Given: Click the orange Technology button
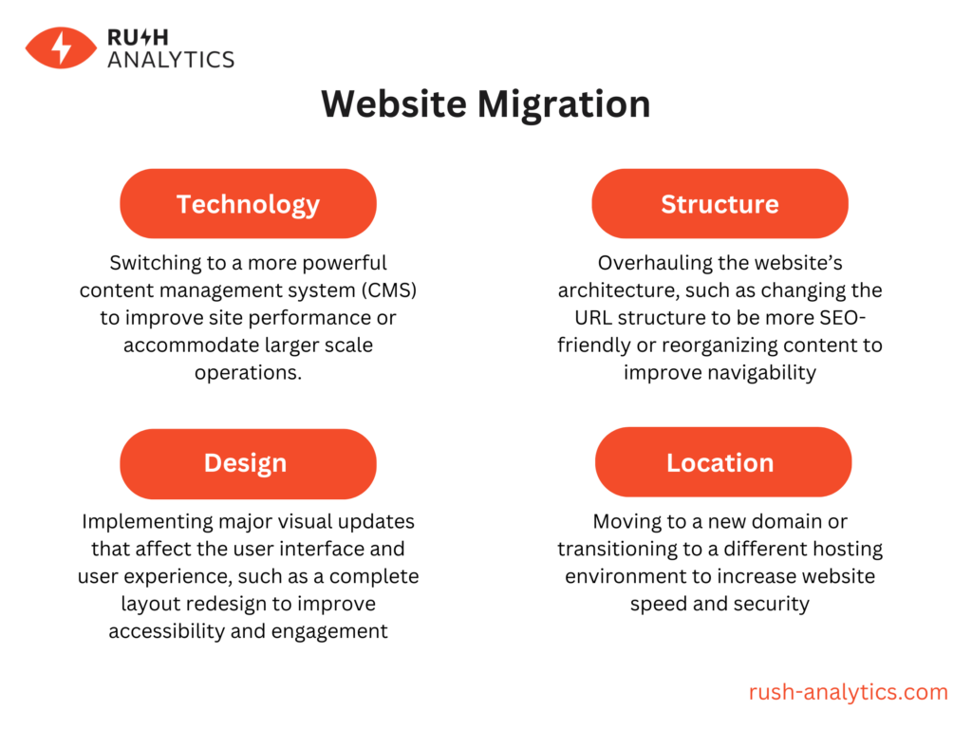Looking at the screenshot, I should coord(248,204).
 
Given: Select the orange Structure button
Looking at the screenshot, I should coord(720,204).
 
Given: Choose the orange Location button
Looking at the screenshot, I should coord(720,463).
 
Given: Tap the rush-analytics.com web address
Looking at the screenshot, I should coord(849,692).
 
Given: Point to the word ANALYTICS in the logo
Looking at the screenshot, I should coord(171,59).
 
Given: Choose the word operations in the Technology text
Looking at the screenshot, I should coord(248,372).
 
